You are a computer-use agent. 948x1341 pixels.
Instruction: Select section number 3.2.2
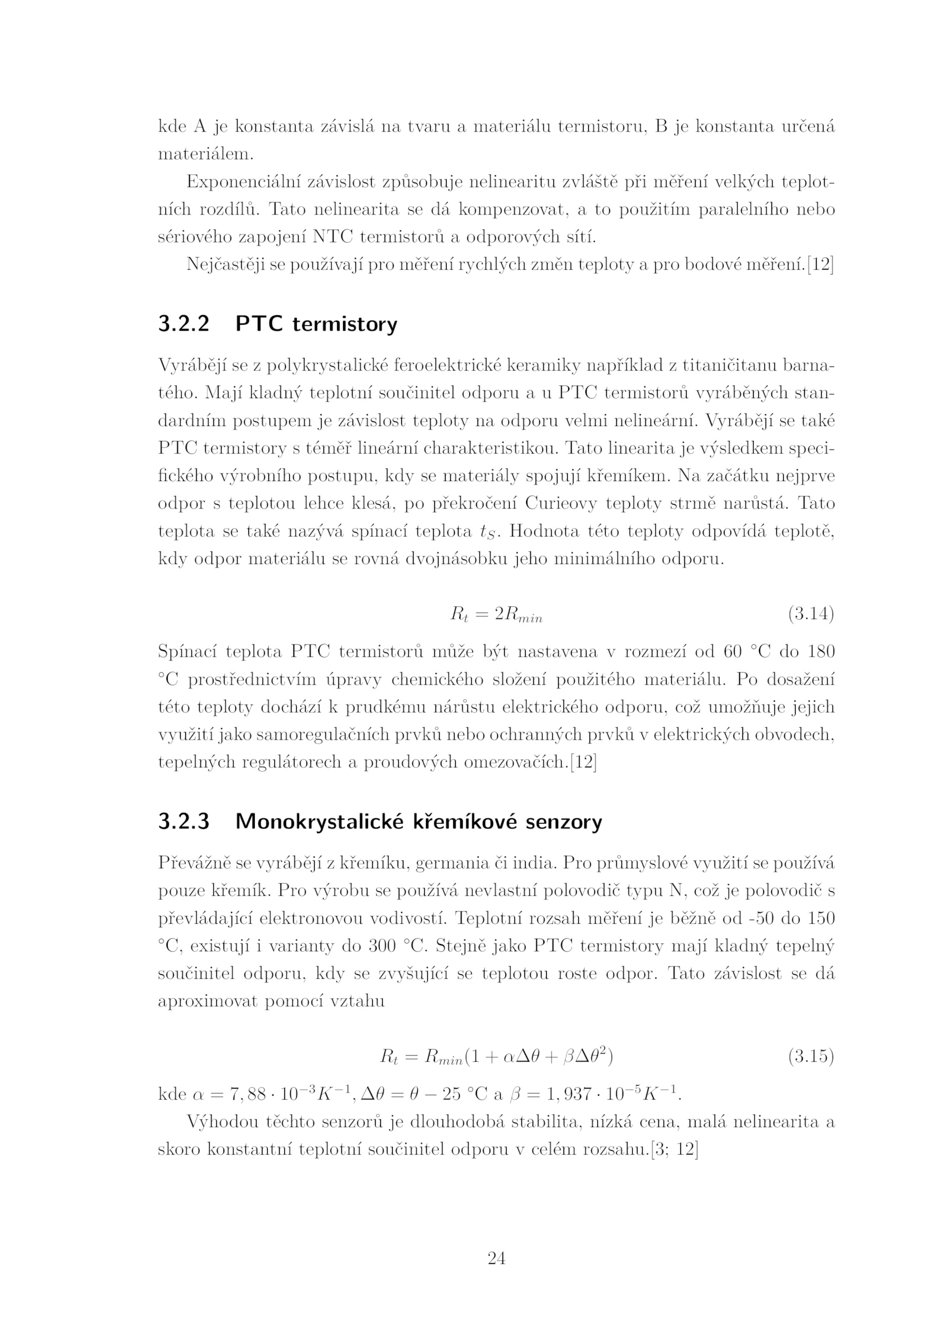point(184,324)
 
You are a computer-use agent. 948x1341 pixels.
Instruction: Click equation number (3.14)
point(811,615)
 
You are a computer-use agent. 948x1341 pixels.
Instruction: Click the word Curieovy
point(563,504)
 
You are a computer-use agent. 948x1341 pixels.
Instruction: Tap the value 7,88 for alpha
point(239,1094)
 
